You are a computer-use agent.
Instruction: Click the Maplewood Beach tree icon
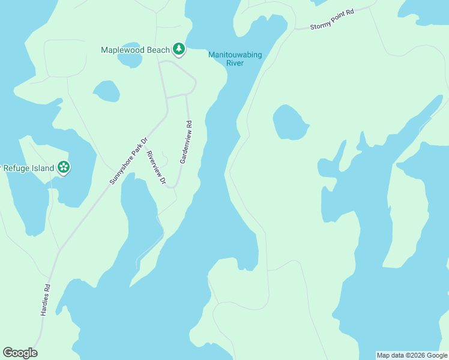point(178,49)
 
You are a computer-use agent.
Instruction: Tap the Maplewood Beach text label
point(136,50)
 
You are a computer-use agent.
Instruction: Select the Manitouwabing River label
point(235,59)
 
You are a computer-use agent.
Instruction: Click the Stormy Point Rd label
point(333,19)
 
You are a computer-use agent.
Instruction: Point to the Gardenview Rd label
point(185,143)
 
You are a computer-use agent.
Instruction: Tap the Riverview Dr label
point(156,167)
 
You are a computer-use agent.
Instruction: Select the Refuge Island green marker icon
point(63,167)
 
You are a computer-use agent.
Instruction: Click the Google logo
point(20,353)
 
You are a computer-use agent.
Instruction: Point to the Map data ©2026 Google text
point(412,355)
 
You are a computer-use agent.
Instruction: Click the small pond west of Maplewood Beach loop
point(106,91)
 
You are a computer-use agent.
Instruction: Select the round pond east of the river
point(290,122)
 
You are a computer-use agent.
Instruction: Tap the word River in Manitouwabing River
point(235,63)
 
